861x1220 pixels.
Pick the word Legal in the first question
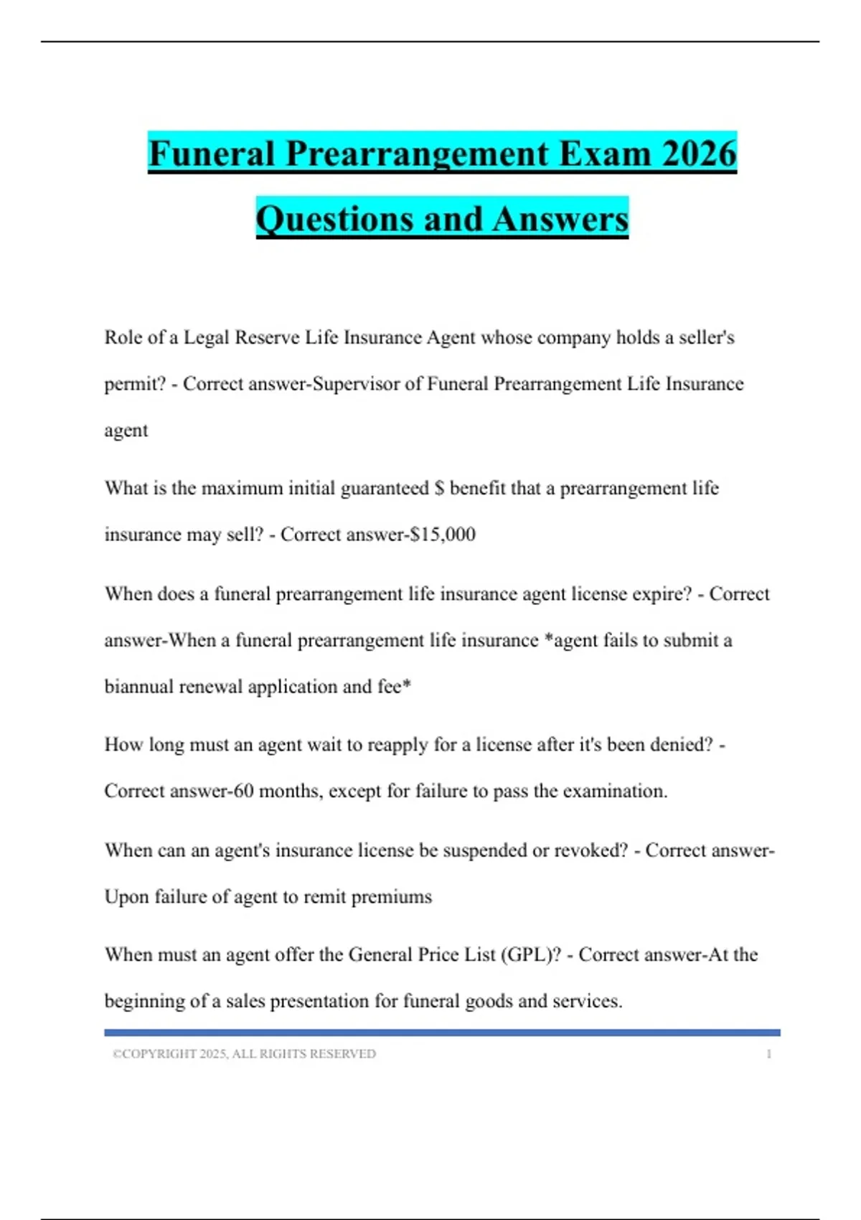pos(207,337)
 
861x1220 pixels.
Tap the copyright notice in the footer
pos(244,1054)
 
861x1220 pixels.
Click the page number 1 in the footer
pos(768,1054)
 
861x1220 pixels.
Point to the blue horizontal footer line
pos(442,1033)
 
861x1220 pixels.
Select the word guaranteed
pos(385,489)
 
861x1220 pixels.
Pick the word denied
pos(681,745)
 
